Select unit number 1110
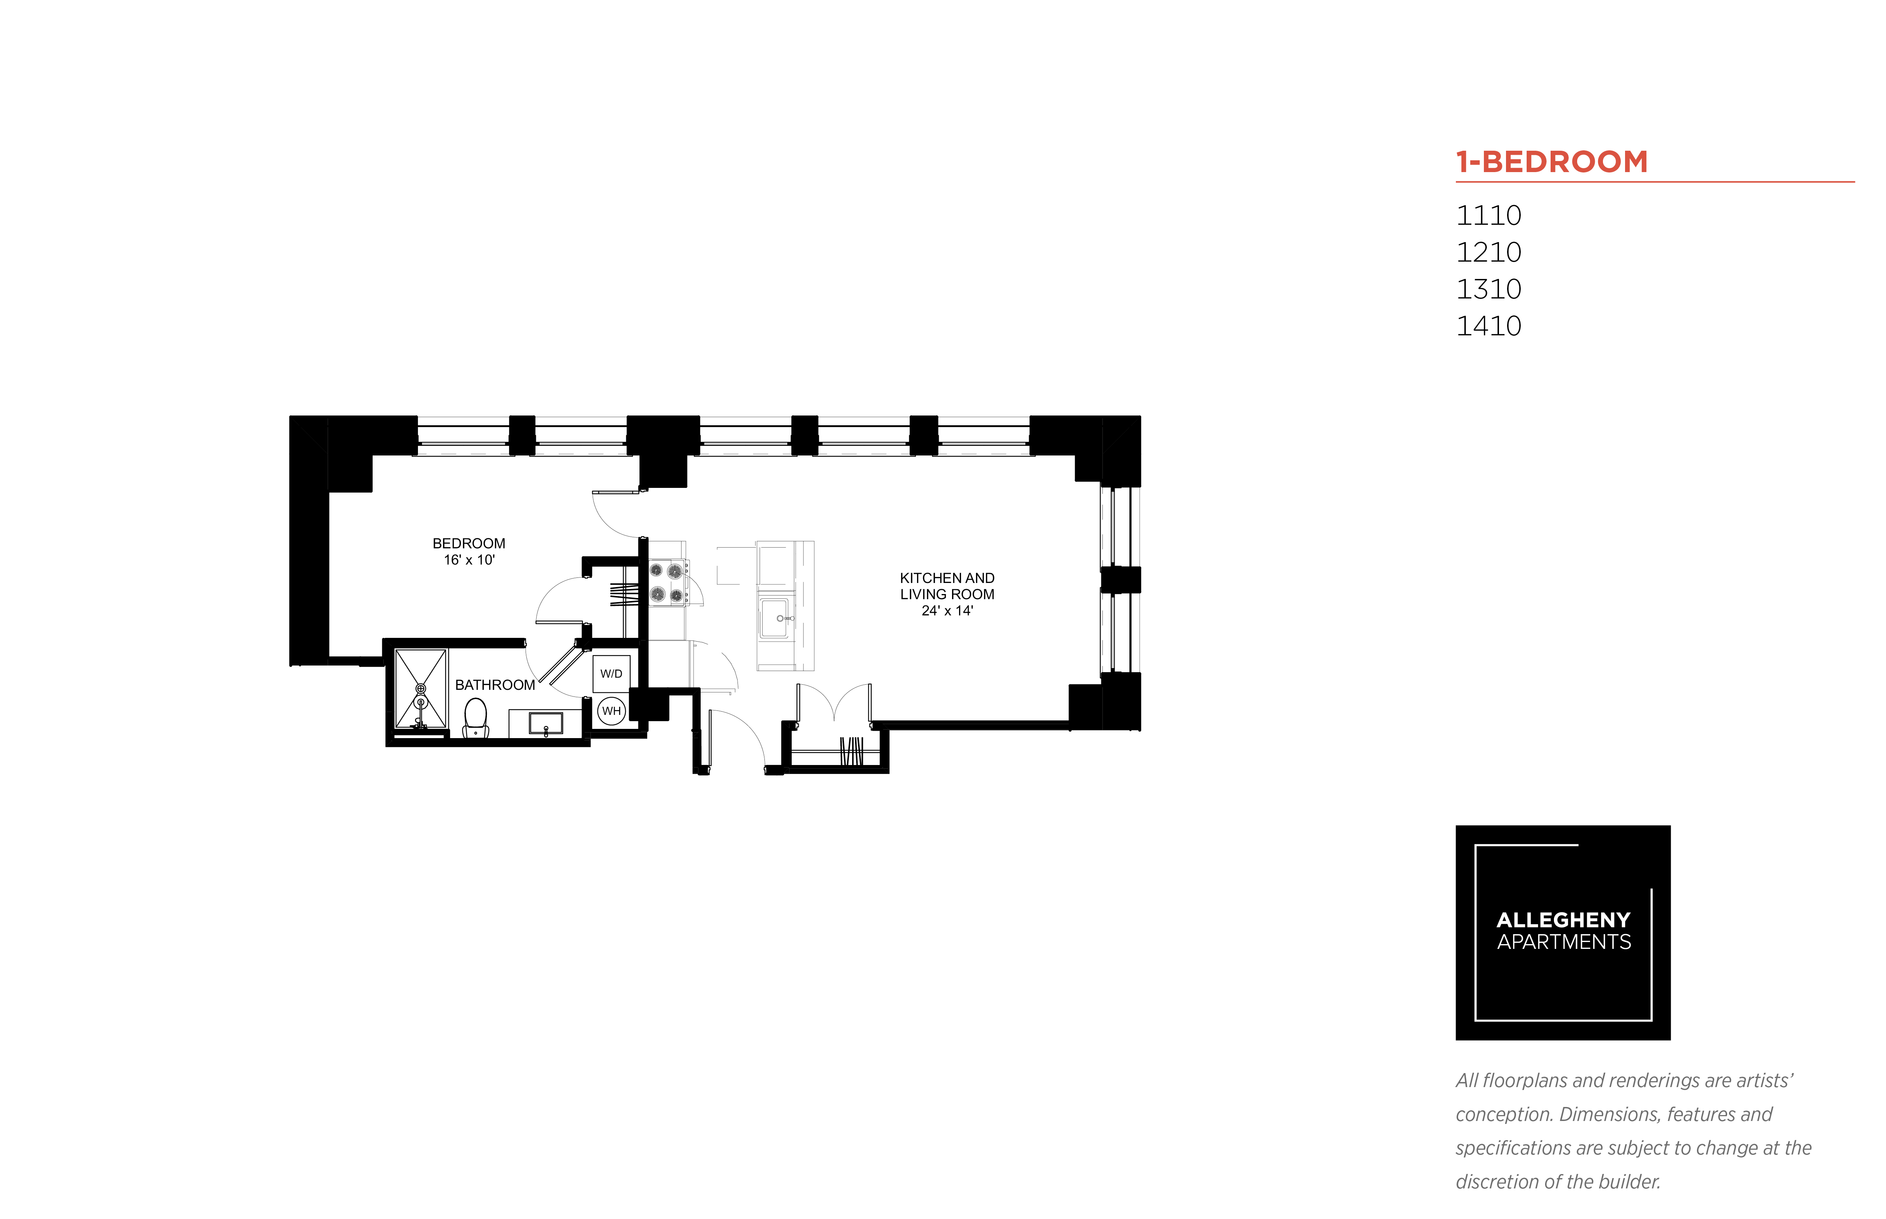[1489, 215]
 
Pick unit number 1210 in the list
[1489, 252]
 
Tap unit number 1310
[1489, 289]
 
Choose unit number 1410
[1489, 326]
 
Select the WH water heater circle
[611, 711]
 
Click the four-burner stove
[667, 583]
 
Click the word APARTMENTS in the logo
[1564, 942]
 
